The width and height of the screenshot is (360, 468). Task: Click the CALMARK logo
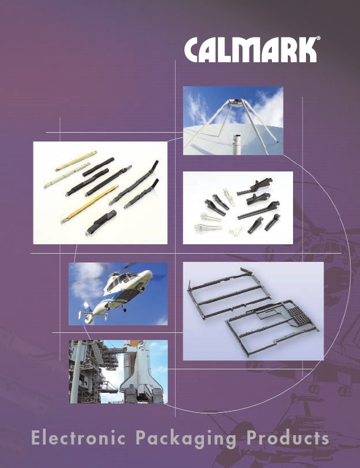(250, 49)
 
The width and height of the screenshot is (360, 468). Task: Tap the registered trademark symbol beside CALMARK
(318, 39)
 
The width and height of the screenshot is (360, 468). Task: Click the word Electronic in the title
(78, 438)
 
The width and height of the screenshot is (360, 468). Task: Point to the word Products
(288, 438)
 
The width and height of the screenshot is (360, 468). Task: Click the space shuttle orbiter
(140, 373)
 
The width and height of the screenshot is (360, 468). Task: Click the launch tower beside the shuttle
(89, 372)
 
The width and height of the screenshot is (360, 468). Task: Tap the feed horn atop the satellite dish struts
(237, 102)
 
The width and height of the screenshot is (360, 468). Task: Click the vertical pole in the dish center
(237, 145)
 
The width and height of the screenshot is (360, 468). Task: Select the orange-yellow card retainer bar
(89, 204)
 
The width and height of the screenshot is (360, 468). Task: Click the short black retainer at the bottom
(100, 223)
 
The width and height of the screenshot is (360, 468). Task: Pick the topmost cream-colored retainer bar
(76, 161)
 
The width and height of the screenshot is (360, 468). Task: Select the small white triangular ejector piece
(235, 230)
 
